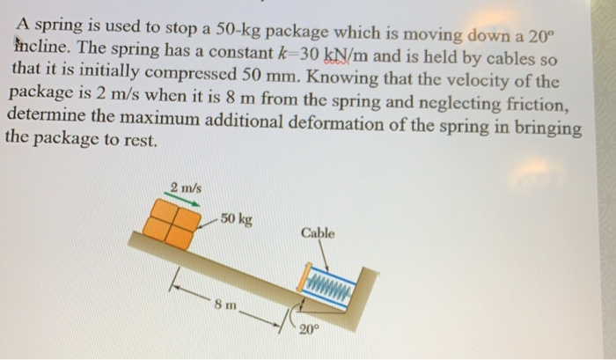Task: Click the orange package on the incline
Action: pyautogui.click(x=169, y=221)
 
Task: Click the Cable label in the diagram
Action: pyautogui.click(x=317, y=233)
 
